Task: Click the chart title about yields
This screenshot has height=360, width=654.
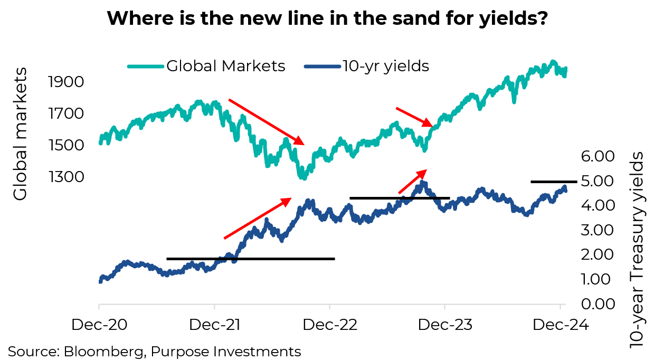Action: (x=327, y=19)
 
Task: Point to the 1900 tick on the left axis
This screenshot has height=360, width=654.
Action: (x=66, y=82)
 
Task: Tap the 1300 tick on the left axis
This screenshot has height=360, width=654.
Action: (x=66, y=176)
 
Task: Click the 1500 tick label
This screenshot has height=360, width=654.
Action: (x=66, y=145)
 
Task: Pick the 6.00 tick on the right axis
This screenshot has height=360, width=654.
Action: (x=598, y=156)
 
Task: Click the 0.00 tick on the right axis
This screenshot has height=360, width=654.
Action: (x=598, y=304)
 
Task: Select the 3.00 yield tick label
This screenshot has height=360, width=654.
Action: (x=598, y=230)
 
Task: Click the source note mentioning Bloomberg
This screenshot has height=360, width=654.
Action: (x=154, y=351)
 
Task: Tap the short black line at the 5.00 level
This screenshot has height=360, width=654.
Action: (x=554, y=182)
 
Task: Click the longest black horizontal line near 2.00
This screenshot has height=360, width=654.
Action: (x=250, y=259)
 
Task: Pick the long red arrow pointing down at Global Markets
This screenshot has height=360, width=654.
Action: (x=267, y=121)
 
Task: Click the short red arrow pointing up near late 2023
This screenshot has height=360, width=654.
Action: (x=412, y=182)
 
